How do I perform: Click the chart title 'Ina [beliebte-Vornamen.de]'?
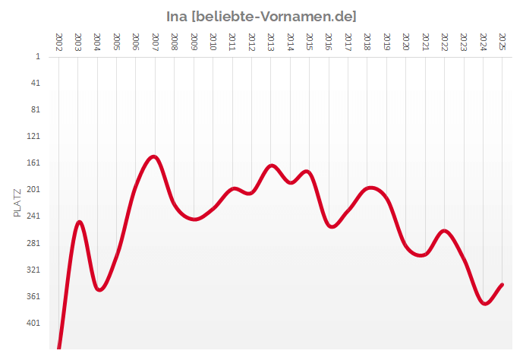tap(261, 16)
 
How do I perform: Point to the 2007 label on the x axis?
tap(155, 42)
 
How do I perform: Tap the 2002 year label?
tap(58, 42)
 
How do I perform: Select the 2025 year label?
tap(502, 42)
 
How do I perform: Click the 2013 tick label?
tap(271, 42)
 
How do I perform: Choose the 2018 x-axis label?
tap(367, 42)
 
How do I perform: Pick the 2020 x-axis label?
tap(405, 42)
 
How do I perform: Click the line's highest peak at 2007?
tap(154, 157)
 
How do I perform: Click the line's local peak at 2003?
tap(79, 222)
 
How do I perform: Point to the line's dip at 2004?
tap(99, 289)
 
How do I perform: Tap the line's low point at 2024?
tap(485, 303)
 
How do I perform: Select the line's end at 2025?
tap(502, 285)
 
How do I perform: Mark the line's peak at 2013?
tap(272, 166)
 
